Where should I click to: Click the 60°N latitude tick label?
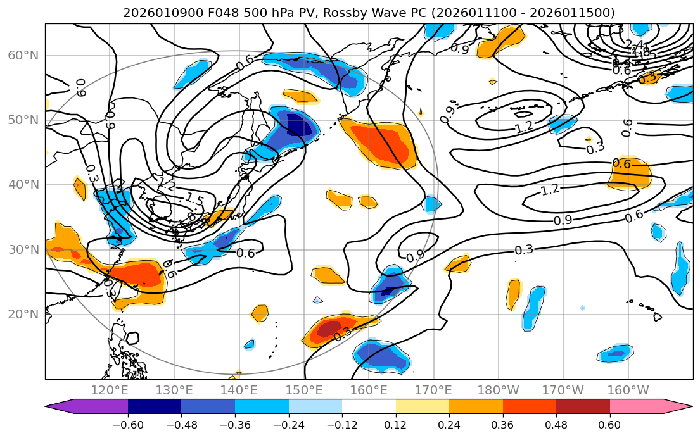[23, 56]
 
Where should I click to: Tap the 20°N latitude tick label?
[23, 315]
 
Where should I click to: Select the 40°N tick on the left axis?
[23, 185]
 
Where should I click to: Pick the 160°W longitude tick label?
[628, 390]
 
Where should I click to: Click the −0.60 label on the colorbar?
[128, 424]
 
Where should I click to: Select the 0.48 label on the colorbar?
[556, 424]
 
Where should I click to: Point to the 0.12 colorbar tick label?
[396, 424]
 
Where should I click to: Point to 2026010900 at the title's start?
[154, 13]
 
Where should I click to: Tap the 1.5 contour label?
[194, 199]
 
